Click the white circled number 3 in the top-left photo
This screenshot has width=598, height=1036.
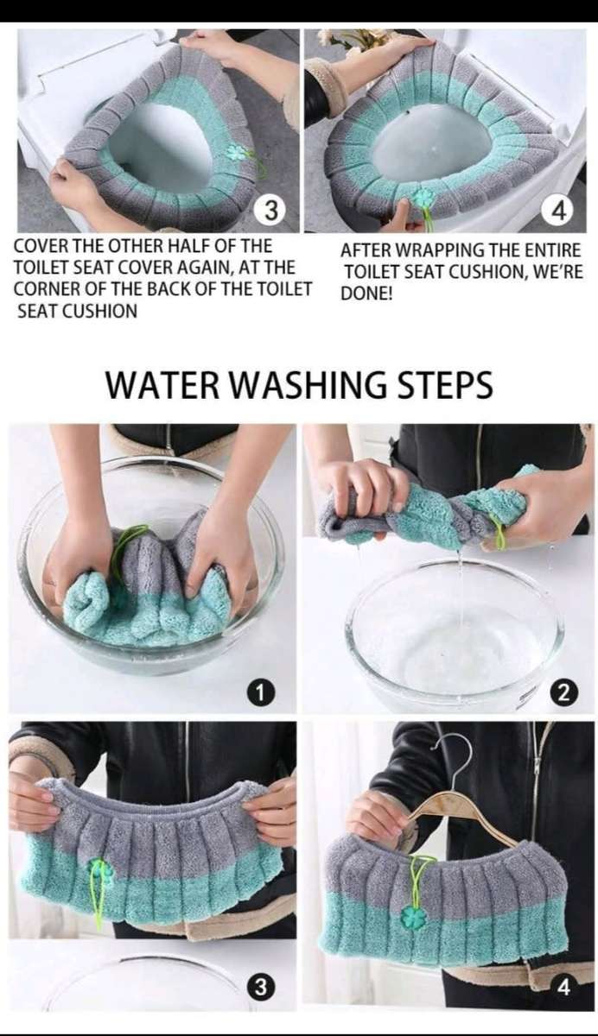(x=270, y=210)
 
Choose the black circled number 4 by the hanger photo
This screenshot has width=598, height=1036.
(x=563, y=987)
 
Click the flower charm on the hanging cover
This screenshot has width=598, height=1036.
(x=415, y=916)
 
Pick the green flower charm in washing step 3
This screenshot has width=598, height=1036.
(x=100, y=870)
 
